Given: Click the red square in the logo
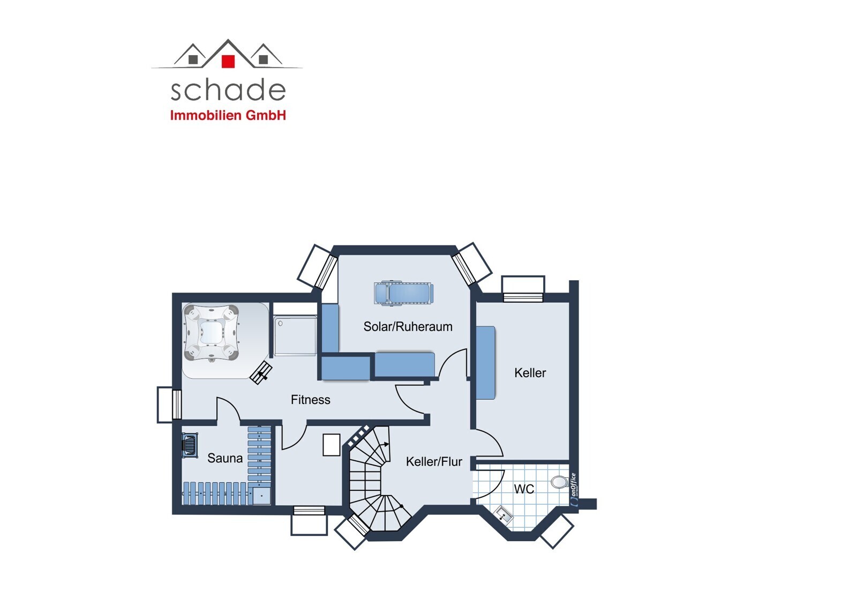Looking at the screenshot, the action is point(228,61).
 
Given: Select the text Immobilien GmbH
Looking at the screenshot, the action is point(228,115).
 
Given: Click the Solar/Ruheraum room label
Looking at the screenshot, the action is point(408,326).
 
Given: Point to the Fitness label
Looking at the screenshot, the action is point(310,400).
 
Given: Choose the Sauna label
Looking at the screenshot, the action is point(225,458).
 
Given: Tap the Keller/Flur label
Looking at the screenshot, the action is point(434,462).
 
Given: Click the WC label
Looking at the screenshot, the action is point(524,489).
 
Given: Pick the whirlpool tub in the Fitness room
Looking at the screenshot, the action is point(211,333).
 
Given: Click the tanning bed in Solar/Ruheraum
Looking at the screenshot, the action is point(404,294).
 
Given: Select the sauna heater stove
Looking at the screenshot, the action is point(190,445).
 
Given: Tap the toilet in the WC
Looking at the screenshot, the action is point(560,482).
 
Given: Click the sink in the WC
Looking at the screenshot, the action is point(503,514).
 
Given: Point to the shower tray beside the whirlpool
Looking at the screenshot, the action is point(295,336).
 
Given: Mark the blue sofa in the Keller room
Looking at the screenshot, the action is point(485,363).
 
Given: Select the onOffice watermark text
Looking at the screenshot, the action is point(574,490).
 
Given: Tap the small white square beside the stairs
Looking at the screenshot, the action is point(332,445).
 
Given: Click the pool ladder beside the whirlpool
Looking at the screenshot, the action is point(261,372).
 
